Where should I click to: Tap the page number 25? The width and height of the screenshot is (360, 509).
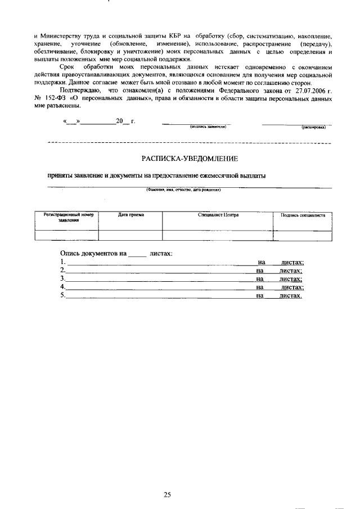[167, 479]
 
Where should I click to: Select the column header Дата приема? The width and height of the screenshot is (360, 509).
[130, 215]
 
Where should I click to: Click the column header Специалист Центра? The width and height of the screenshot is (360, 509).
[218, 215]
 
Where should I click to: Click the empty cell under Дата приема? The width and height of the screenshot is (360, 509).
[130, 235]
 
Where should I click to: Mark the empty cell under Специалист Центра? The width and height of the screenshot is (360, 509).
[218, 235]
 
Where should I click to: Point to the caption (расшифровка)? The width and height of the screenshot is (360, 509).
[314, 128]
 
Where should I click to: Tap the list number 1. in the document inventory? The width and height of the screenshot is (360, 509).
[63, 262]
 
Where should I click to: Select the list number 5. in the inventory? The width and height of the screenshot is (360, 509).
[63, 296]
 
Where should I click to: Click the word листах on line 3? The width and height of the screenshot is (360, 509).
[291, 279]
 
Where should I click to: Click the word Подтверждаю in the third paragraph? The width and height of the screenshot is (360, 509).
[80, 90]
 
